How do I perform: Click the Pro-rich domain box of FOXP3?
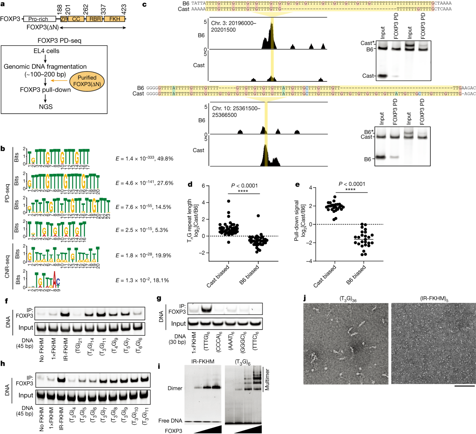click(39, 19)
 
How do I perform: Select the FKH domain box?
click(115, 19)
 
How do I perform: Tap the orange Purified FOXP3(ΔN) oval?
click(87, 81)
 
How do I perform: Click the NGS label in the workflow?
click(46, 106)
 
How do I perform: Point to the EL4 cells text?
click(46, 51)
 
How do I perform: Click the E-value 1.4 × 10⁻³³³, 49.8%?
click(144, 158)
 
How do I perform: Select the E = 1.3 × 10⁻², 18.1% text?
click(142, 280)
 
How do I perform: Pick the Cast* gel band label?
click(367, 43)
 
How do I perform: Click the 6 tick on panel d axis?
click(203, 186)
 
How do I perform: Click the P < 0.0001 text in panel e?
click(351, 184)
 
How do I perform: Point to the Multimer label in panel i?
click(267, 380)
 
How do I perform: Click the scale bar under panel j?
click(463, 385)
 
